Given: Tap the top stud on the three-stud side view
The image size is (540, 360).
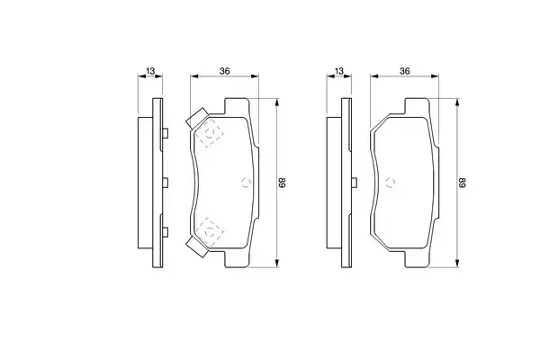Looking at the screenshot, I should [166, 134].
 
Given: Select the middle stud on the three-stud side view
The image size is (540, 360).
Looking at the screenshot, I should [166, 183].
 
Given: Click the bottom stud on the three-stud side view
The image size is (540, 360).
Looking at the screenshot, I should [166, 231].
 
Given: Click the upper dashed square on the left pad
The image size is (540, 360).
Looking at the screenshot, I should [211, 135].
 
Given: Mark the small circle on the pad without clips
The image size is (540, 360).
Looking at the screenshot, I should [391, 183].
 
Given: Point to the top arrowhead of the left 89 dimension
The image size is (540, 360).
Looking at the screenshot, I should [274, 101].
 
